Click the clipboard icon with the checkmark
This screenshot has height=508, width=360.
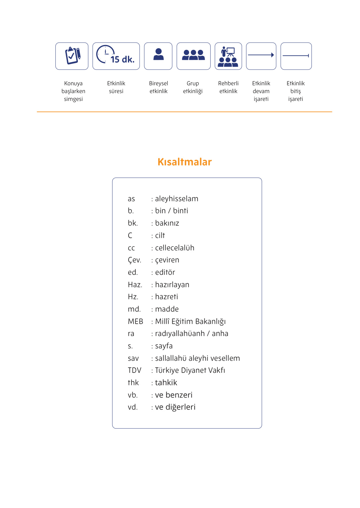[x=73, y=56]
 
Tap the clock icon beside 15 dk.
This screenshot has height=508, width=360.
[x=105, y=54]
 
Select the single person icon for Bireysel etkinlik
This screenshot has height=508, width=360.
[x=159, y=55]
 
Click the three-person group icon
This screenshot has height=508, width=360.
[x=193, y=55]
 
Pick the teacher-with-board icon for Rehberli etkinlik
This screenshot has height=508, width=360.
[x=228, y=57]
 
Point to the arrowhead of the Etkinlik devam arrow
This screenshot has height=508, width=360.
[x=272, y=55]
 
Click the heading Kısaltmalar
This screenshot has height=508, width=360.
[x=185, y=162]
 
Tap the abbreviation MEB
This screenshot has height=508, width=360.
[x=135, y=321]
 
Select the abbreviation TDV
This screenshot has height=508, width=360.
[x=134, y=370]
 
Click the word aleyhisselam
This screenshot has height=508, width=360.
[x=176, y=199]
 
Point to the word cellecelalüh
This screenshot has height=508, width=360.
[x=174, y=248]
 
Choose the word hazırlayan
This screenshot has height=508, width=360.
[x=172, y=285]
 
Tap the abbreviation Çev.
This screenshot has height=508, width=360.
[x=134, y=260]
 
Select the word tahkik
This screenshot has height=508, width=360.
[x=166, y=383]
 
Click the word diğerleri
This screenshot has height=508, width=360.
[x=180, y=407]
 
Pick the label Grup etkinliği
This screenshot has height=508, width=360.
[x=193, y=87]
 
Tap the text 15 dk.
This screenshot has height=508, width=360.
[x=122, y=59]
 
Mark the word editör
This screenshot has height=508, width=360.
[x=165, y=272]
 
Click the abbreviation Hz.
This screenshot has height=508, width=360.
[x=133, y=297]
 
